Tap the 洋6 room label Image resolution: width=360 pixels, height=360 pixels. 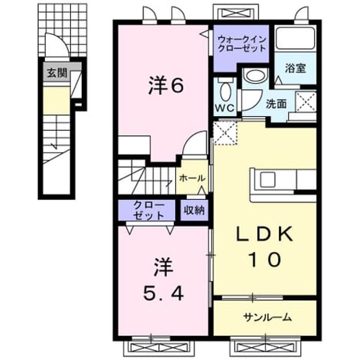click(166, 85)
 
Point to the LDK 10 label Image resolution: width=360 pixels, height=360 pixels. click(265, 247)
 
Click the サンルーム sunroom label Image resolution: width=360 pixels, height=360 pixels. click(267, 318)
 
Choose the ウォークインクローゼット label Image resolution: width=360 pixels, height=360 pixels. click(242, 44)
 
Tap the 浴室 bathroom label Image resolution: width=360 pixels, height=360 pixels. click(295, 68)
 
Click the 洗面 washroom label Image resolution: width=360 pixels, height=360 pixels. click(276, 104)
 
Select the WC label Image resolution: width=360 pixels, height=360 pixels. click(225, 107)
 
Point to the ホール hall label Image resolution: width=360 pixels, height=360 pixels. click(192, 178)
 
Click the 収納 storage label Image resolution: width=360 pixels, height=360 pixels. click(194, 210)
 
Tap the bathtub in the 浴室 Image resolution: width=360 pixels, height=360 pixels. click(295, 38)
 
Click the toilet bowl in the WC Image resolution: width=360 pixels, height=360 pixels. click(225, 91)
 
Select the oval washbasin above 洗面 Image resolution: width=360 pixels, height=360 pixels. click(255, 75)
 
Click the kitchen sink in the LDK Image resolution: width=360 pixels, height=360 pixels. click(267, 179)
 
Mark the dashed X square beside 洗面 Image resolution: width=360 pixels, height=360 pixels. click(306, 102)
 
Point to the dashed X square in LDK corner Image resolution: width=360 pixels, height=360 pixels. click(226, 133)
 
